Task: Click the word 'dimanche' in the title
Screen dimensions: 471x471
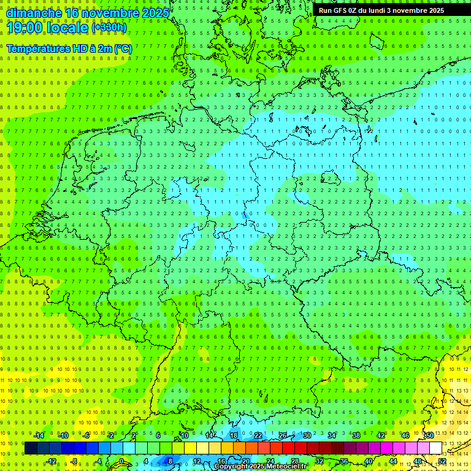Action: pyautogui.click(x=34, y=13)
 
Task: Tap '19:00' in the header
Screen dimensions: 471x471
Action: pyautogui.click(x=24, y=28)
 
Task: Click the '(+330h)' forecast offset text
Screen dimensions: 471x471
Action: pyautogui.click(x=109, y=28)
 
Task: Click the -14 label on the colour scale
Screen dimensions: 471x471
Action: pyautogui.click(x=39, y=435)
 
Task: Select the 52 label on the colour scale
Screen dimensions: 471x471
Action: pyautogui.click(x=442, y=461)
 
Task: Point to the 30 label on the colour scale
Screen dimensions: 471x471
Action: pyautogui.click(x=307, y=435)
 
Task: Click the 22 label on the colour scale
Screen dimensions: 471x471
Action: pyautogui.click(x=258, y=435)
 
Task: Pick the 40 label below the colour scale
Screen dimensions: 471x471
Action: pyautogui.click(x=368, y=461)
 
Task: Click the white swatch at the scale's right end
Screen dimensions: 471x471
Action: pyautogui.click(x=435, y=448)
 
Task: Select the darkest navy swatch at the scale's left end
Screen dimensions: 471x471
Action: pyautogui.click(x=31, y=448)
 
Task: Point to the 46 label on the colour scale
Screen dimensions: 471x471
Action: pyautogui.click(x=405, y=435)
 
